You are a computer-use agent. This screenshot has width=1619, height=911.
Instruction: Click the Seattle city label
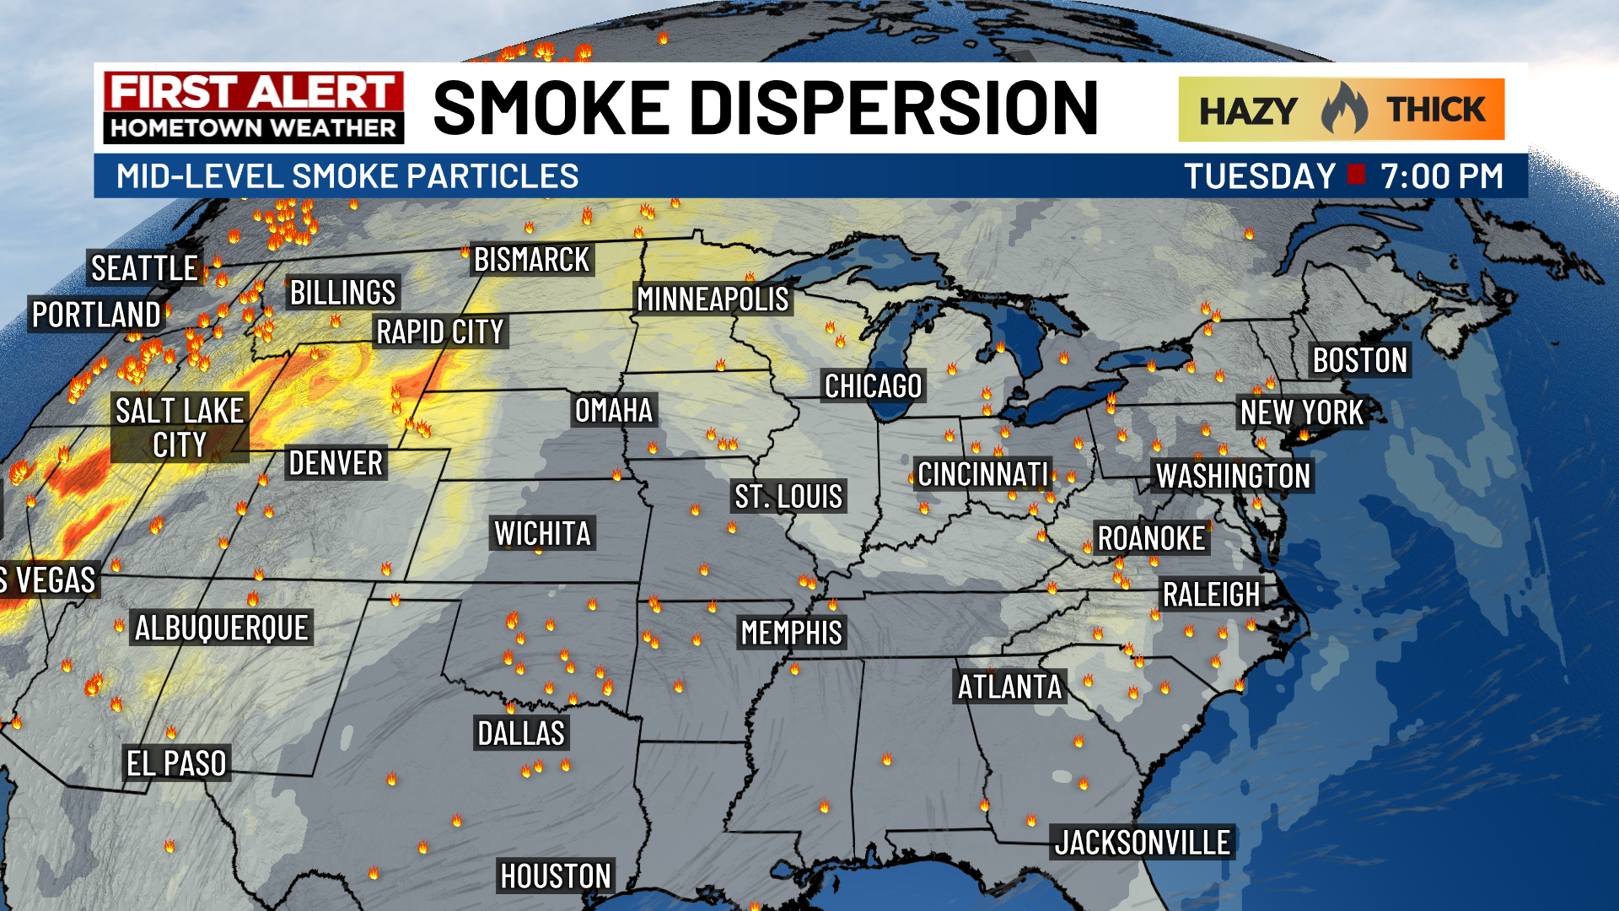tap(144, 268)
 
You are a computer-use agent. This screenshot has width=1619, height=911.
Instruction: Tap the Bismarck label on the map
tap(531, 260)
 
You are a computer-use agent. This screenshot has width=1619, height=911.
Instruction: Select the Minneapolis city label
tap(713, 299)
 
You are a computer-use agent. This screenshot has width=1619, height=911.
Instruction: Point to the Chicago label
tap(873, 386)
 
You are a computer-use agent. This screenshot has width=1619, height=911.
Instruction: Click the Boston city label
tap(1359, 360)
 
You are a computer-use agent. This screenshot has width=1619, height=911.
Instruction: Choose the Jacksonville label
tap(1142, 843)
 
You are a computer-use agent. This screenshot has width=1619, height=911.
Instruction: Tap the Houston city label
tap(555, 876)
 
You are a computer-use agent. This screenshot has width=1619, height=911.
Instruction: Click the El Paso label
tap(176, 763)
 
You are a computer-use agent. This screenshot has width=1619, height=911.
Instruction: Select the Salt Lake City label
tap(180, 428)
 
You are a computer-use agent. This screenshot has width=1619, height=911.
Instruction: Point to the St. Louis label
tap(788, 496)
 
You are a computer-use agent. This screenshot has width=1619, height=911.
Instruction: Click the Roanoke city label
tap(1151, 538)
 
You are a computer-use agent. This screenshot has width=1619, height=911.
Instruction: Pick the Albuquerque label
tap(221, 628)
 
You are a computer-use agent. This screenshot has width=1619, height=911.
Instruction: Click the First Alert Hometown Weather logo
tap(253, 107)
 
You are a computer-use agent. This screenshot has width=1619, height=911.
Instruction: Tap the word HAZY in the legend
tap(1248, 111)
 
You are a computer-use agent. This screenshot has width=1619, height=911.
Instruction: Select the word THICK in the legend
tap(1436, 110)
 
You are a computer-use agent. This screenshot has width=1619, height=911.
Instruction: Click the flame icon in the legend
tap(1343, 109)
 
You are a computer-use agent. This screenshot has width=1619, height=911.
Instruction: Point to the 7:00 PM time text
tap(1441, 176)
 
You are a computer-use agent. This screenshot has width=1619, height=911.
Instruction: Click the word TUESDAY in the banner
tap(1260, 176)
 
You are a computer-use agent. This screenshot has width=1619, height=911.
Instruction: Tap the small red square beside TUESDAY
tap(1357, 175)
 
